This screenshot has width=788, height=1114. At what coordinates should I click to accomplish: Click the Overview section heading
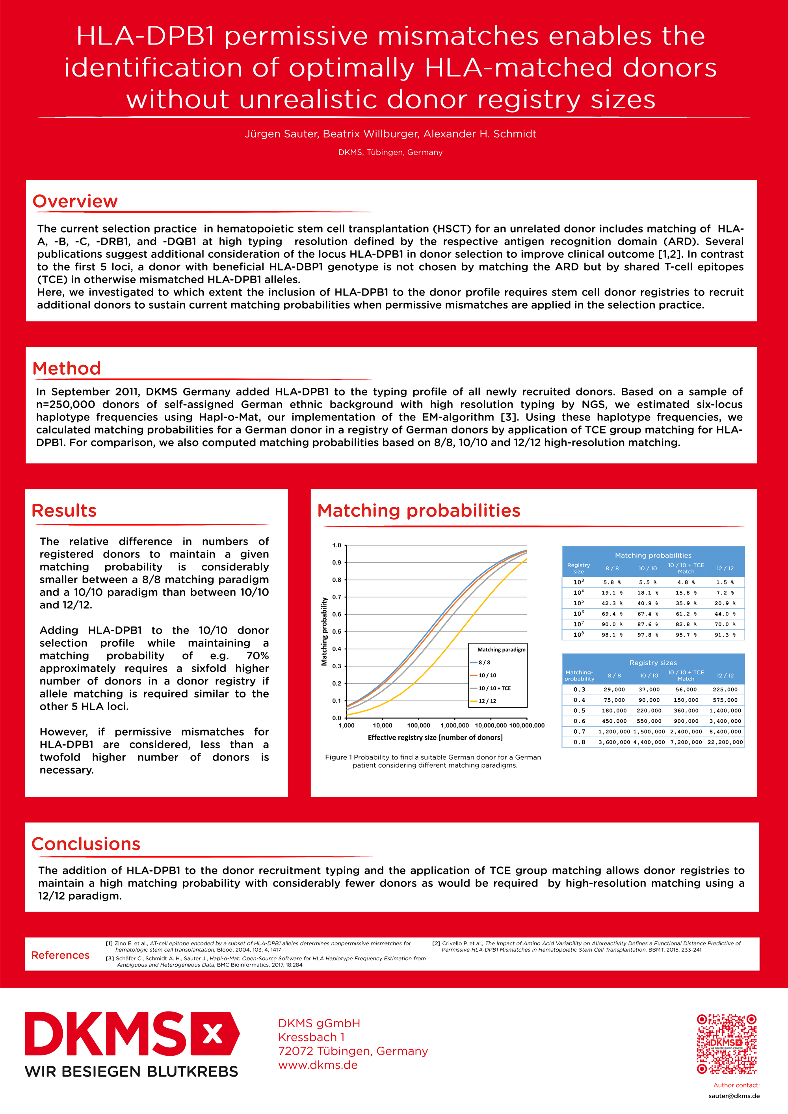75,201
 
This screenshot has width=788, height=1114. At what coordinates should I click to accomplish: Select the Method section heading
67,368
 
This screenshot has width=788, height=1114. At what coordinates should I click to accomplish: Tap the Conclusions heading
86,844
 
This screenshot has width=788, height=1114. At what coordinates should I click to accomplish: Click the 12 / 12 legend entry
487,701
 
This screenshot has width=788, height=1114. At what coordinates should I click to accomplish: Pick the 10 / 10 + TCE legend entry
494,688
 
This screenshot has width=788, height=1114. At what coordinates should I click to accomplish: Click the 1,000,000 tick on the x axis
455,725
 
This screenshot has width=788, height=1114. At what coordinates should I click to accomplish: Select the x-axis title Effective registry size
435,738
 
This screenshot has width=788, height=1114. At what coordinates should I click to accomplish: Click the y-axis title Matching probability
324,631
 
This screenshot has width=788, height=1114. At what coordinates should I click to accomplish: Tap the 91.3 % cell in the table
725,635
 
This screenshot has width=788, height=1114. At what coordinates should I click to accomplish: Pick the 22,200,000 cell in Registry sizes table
725,742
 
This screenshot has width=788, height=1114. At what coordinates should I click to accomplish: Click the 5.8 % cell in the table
612,582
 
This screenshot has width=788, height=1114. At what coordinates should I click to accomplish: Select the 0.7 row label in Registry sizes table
579,731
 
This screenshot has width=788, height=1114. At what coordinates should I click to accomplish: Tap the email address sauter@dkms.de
734,1095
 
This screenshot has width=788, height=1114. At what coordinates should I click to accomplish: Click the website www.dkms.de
318,1065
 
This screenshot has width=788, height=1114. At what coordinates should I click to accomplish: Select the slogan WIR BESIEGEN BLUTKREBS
132,1071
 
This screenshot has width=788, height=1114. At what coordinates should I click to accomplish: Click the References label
60,955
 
